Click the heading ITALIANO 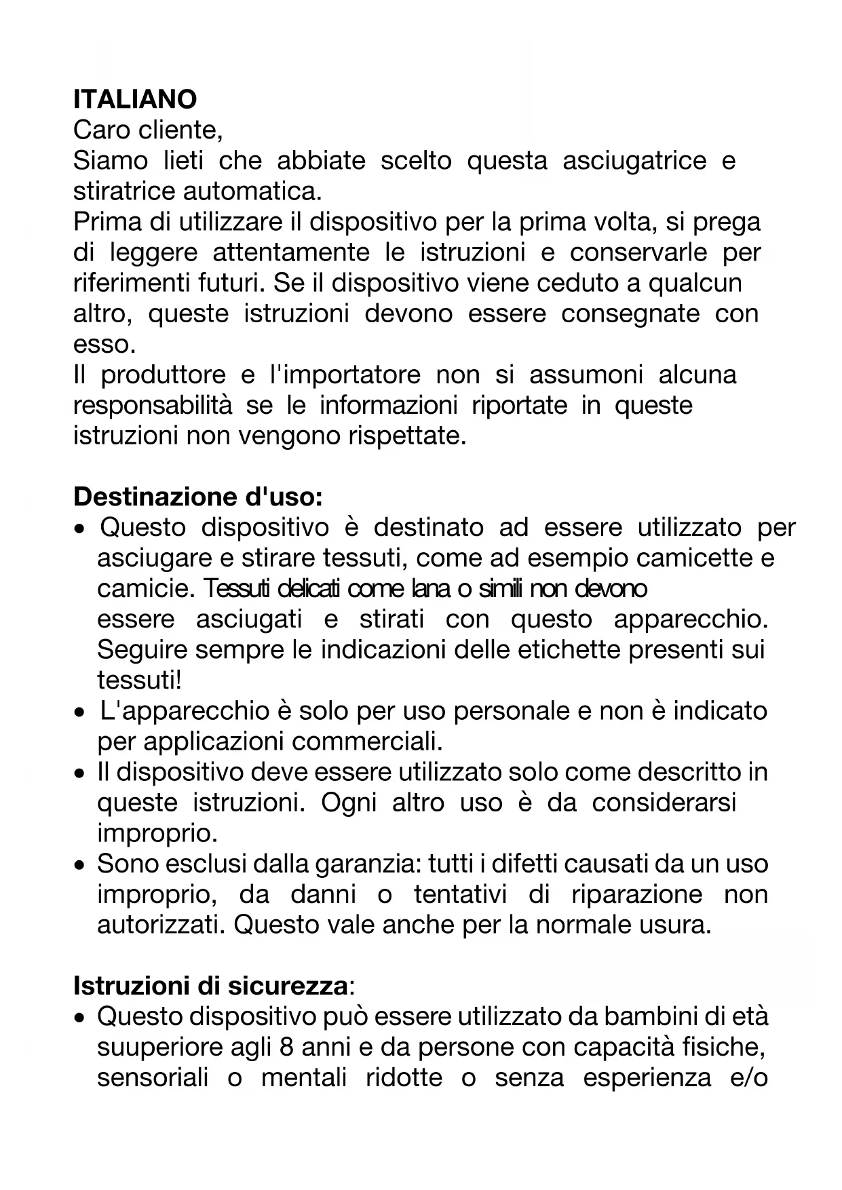click(135, 100)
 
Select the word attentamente click(291, 252)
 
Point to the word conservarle click(638, 252)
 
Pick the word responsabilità click(152, 405)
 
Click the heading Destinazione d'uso click(197, 497)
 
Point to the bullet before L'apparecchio click(81, 712)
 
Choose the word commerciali click(367, 741)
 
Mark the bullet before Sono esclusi click(81, 866)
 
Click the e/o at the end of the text click(749, 1077)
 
